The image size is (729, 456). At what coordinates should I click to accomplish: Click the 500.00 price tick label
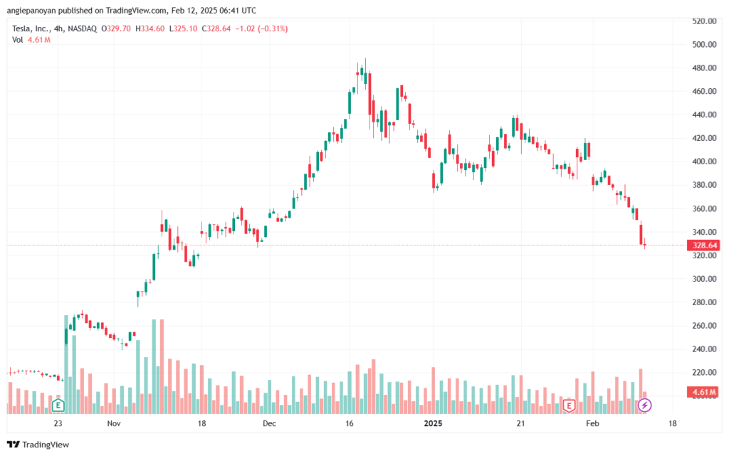coord(704,45)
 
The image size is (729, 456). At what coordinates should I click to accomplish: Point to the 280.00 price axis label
coord(704,302)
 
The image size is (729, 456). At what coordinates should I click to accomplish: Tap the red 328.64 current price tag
coord(703,245)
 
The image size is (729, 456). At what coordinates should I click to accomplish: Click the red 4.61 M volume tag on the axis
coord(703,392)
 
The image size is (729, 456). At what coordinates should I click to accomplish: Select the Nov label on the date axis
coord(114,423)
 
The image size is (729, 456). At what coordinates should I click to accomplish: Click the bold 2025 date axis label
coord(433,423)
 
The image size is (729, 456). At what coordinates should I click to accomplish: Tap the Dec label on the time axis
coord(269,423)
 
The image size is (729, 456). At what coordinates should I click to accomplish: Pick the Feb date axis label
coord(592,423)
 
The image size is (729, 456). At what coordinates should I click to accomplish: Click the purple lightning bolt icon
coord(644,405)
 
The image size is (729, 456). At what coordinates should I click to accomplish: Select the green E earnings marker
coord(58,405)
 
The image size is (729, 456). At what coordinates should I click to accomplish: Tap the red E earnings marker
coord(569,405)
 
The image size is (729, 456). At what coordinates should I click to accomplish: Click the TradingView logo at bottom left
coord(38,445)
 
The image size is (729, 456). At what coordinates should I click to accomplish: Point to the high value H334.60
coord(150,28)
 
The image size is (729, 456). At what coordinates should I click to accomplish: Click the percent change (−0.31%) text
coord(273,28)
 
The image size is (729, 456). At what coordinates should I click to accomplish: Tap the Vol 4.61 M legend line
coord(31,40)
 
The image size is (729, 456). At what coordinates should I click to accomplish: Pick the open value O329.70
coord(116,28)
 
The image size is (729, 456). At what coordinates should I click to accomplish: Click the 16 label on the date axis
coord(349,423)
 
